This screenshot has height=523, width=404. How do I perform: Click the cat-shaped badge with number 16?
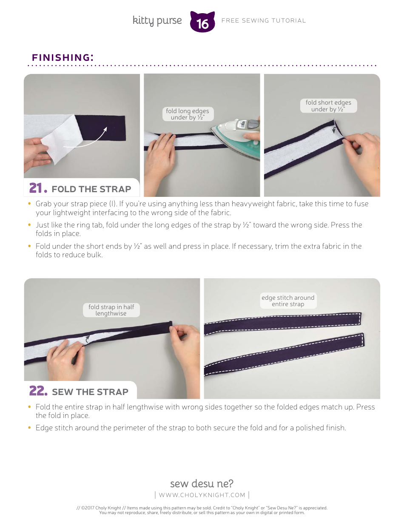[x=202, y=22]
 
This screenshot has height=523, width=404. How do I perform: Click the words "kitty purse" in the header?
[x=157, y=21]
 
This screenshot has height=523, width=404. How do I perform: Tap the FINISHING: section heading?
[x=63, y=57]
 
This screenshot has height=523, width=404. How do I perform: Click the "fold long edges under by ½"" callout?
[x=188, y=114]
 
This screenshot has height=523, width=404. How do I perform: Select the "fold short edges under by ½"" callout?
[x=328, y=105]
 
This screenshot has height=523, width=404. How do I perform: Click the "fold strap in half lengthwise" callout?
[x=111, y=310]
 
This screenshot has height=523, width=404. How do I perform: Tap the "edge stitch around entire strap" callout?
[x=288, y=301]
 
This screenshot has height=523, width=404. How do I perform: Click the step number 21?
[x=38, y=188]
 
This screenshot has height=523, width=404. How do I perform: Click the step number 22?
[x=38, y=391]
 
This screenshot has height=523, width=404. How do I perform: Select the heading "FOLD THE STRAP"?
[x=91, y=189]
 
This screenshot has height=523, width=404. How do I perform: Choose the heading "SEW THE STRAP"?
[x=90, y=392]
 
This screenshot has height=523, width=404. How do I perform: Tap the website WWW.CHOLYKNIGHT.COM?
[x=202, y=495]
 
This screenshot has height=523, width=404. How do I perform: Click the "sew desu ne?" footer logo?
[x=202, y=483]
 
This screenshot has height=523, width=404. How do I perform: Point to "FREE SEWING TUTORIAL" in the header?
[x=264, y=21]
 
